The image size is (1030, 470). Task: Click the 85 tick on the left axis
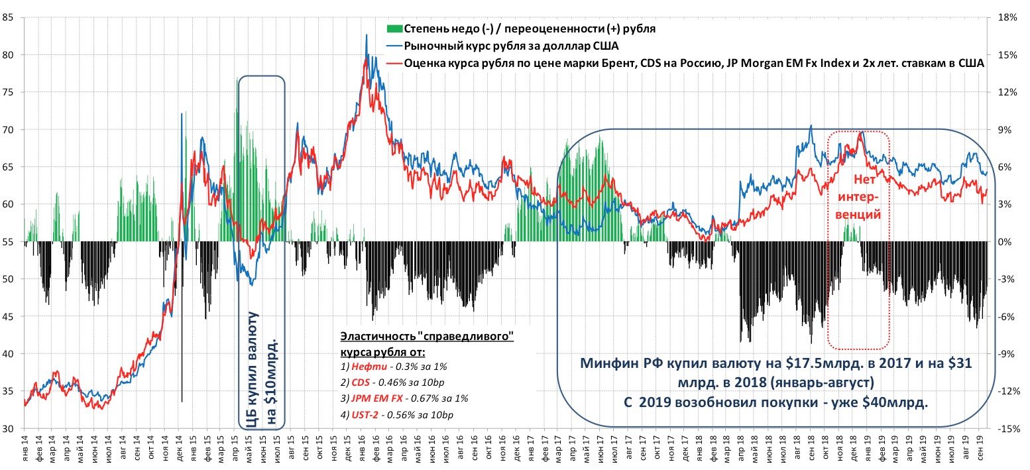[10, 18]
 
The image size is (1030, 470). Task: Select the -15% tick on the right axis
[1009, 429]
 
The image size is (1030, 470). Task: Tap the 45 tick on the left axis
[10, 317]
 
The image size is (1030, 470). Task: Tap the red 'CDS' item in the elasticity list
[361, 382]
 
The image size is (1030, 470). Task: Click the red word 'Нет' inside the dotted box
[860, 179]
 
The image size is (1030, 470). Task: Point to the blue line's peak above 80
[367, 35]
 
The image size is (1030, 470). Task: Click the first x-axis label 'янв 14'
[25, 451]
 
